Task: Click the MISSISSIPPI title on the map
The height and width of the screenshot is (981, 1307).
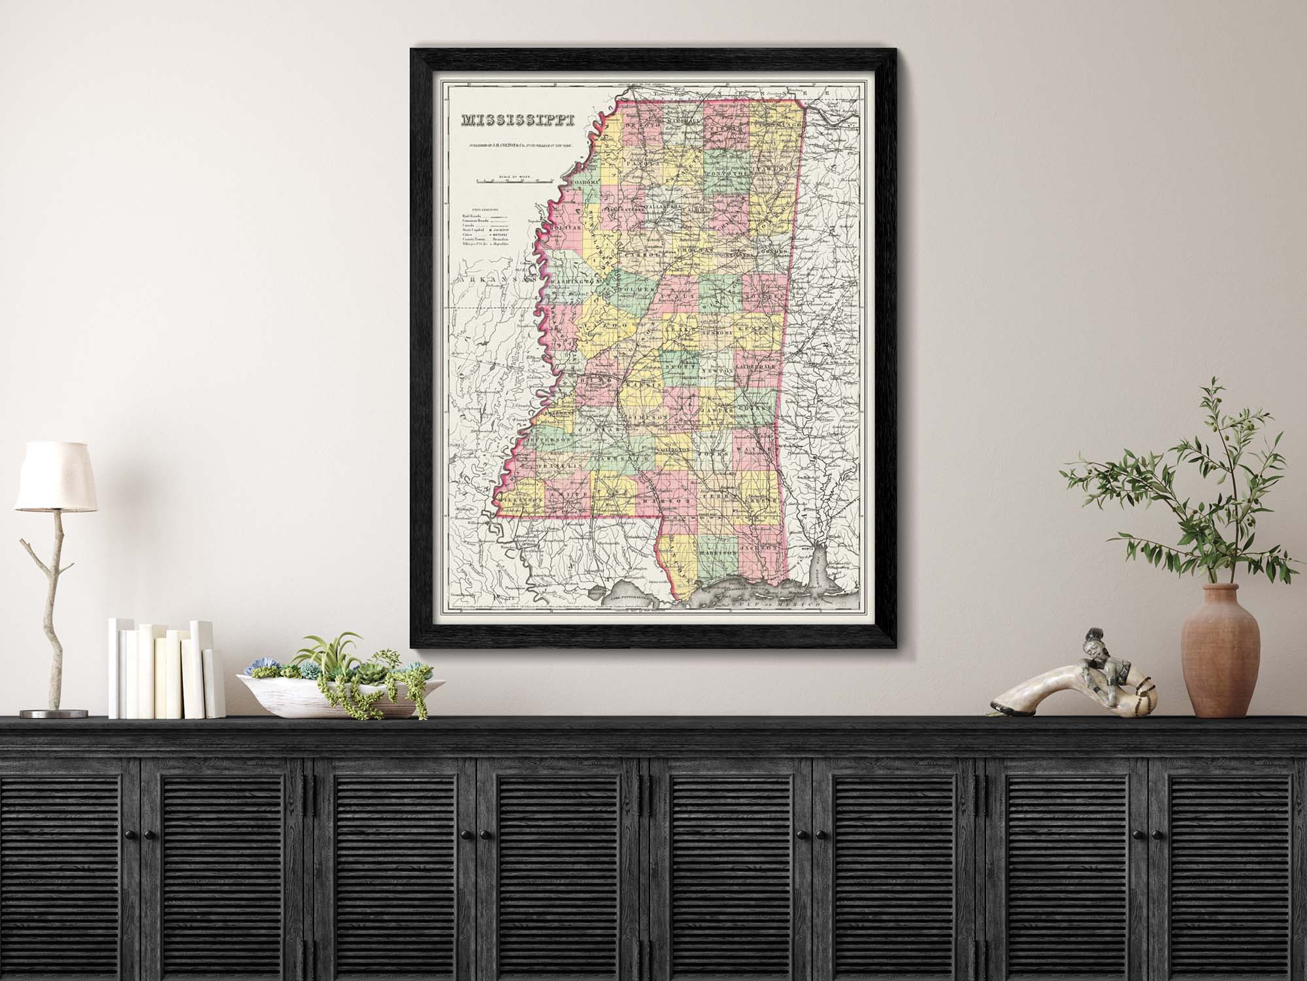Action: point(518,121)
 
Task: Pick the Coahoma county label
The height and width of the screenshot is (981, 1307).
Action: point(585,181)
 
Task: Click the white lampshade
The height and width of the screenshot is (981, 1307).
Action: point(55,476)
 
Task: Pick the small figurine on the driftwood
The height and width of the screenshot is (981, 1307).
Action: point(1093,664)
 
